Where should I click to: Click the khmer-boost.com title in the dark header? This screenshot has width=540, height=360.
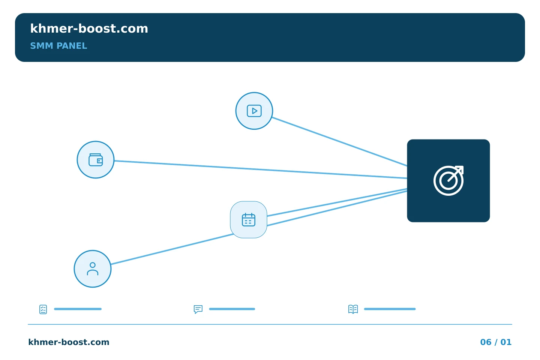click(89, 28)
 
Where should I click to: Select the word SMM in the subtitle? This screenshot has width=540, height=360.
click(42, 46)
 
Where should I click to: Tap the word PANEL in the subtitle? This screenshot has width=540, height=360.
click(72, 46)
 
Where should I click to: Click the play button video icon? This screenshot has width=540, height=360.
click(254, 111)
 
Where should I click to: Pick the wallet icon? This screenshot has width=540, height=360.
click(96, 160)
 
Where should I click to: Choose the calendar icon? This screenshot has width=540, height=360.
click(249, 220)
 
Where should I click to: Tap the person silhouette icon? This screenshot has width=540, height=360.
click(93, 269)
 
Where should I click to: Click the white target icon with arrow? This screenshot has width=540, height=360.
click(448, 181)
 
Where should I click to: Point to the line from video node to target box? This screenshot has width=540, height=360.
click(339, 142)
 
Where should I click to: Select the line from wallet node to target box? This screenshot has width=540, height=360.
click(261, 169)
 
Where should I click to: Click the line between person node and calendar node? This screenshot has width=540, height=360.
click(172, 249)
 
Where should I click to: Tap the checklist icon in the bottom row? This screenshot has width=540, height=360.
click(43, 309)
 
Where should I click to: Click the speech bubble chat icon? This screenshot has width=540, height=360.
click(198, 309)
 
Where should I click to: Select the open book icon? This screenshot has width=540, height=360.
click(353, 309)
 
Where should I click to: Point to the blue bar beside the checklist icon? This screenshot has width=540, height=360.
click(78, 309)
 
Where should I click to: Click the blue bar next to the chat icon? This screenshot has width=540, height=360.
click(232, 309)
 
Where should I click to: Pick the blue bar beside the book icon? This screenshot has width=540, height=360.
click(390, 309)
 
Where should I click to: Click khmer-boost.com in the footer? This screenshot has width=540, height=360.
click(69, 342)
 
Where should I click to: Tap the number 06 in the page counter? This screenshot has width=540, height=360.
click(486, 342)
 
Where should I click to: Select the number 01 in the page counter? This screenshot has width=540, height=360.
click(506, 342)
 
